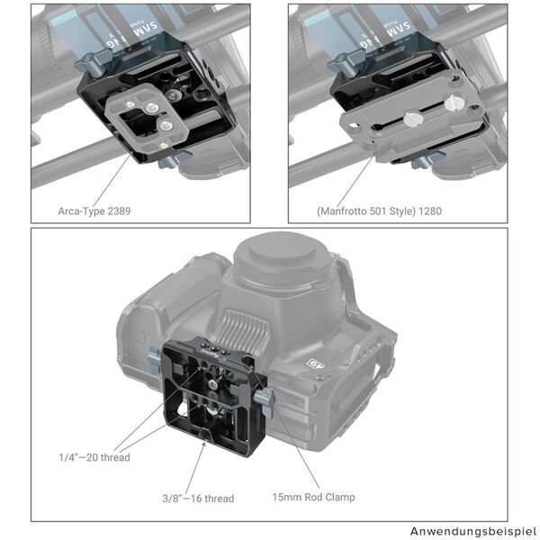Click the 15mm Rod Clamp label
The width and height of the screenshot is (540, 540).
tap(313, 497)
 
